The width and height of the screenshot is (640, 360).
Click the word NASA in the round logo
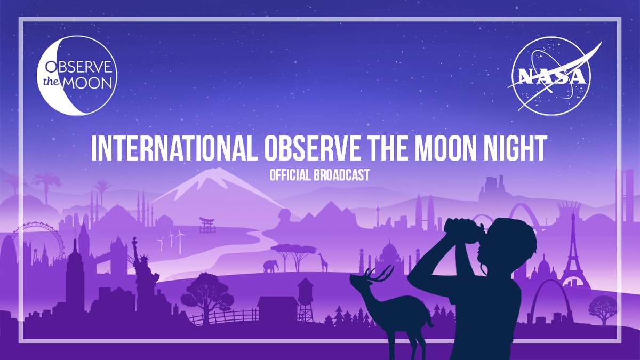[549, 77]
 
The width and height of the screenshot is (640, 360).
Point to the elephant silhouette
[270, 266]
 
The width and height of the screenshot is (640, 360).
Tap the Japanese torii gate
[207, 225]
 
